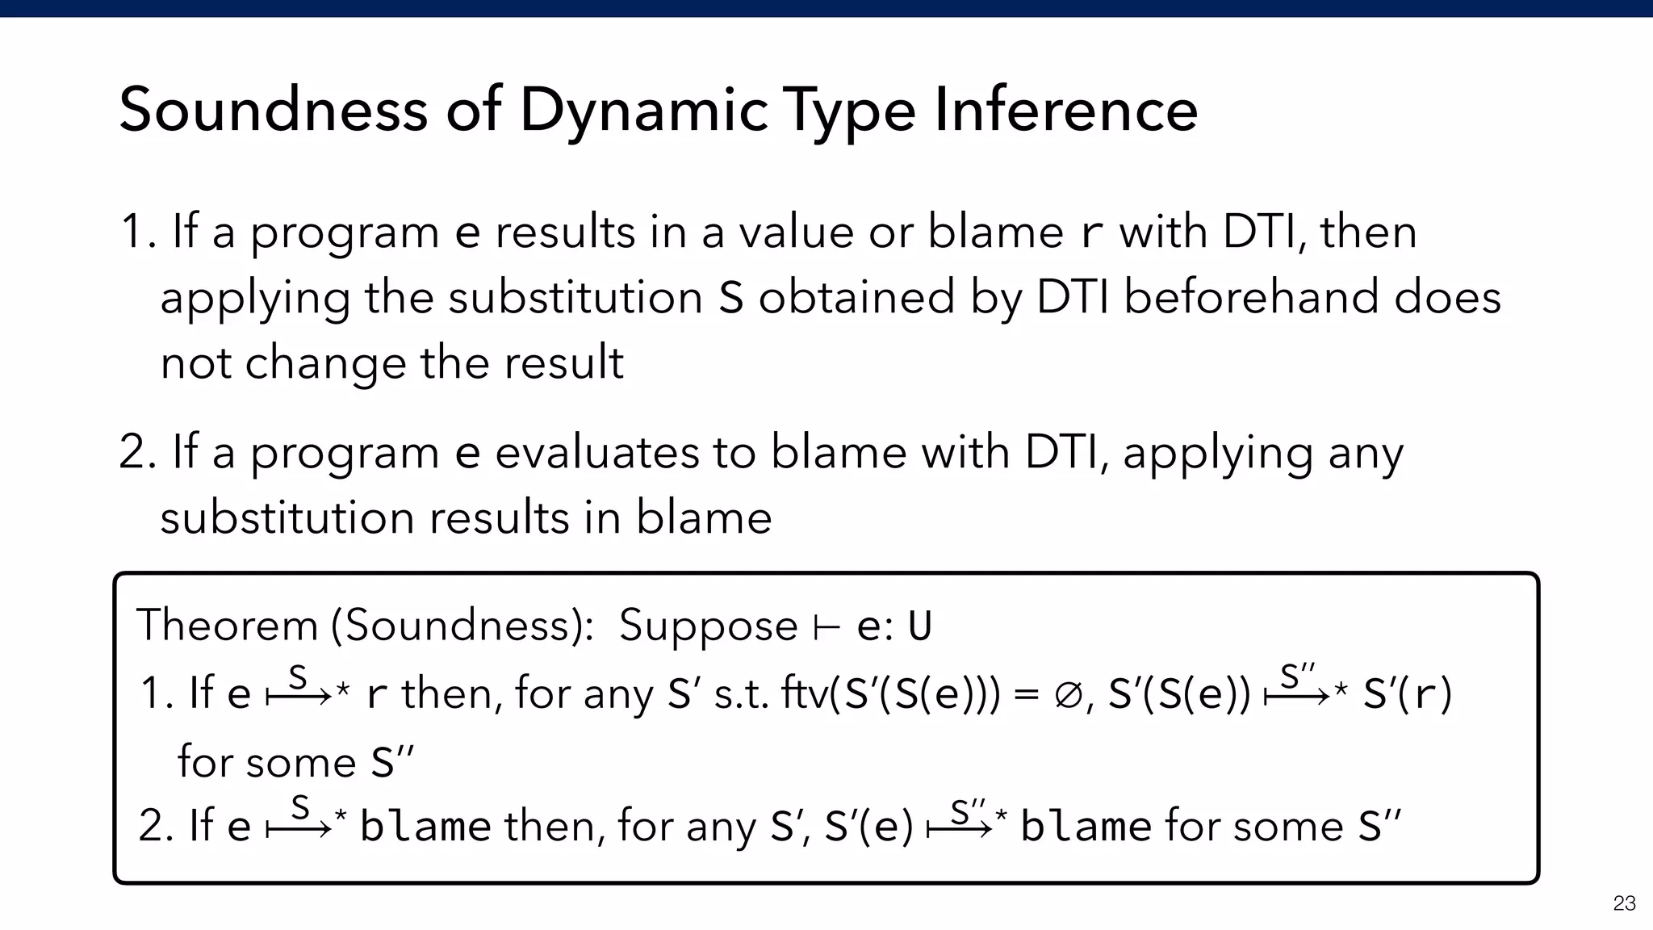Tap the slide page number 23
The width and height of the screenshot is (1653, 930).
(1624, 903)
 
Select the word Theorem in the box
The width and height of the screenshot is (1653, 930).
(228, 626)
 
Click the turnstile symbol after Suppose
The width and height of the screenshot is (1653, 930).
(826, 627)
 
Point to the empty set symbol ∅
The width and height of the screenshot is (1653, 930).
(1066, 695)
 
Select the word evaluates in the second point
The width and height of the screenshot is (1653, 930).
(596, 452)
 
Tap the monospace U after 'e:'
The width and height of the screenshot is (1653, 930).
(919, 627)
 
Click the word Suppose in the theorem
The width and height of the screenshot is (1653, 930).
(708, 627)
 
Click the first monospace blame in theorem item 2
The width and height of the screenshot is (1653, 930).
(425, 827)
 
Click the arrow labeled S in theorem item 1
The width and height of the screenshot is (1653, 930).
(299, 693)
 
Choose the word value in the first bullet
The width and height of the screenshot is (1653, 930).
(796, 232)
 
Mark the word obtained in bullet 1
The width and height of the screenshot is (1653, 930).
(856, 297)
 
